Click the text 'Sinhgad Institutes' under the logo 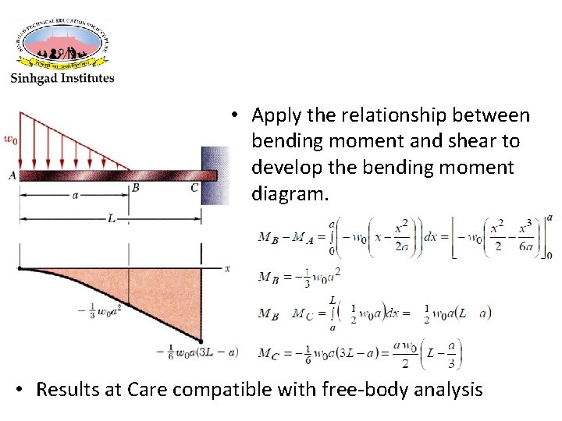click(x=62, y=78)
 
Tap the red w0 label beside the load click(x=10, y=140)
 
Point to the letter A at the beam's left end click(x=12, y=175)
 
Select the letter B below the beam click(x=135, y=188)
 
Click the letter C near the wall click(x=194, y=187)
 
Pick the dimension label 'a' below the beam click(x=75, y=196)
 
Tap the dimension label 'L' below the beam click(x=111, y=220)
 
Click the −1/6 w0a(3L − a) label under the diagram click(x=197, y=352)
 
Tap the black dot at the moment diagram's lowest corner click(x=201, y=341)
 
